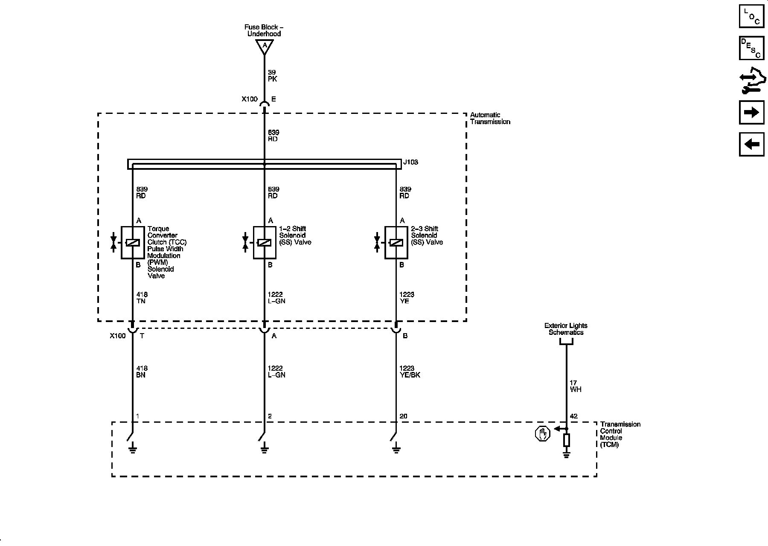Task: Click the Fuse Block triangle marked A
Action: tap(265, 46)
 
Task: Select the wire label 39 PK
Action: tap(272, 76)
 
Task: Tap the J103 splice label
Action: tap(410, 163)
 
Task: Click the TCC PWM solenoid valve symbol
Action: tap(133, 243)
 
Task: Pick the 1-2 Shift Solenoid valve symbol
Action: tap(265, 243)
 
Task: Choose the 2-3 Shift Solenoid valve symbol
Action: tap(396, 243)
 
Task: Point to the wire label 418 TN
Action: tap(142, 298)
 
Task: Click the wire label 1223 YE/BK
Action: tap(410, 372)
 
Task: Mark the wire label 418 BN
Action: tap(142, 372)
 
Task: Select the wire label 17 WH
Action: tap(575, 386)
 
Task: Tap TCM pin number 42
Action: tap(573, 416)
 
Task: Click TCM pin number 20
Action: tap(403, 416)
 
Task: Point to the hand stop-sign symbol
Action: tap(542, 434)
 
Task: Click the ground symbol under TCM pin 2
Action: tap(265, 447)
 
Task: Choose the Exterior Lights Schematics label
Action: tap(566, 329)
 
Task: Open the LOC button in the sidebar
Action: tap(751, 16)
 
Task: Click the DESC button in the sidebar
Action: tap(751, 48)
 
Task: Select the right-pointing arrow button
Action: tap(751, 113)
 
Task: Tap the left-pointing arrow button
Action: tap(751, 144)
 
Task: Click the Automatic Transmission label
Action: tap(490, 119)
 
